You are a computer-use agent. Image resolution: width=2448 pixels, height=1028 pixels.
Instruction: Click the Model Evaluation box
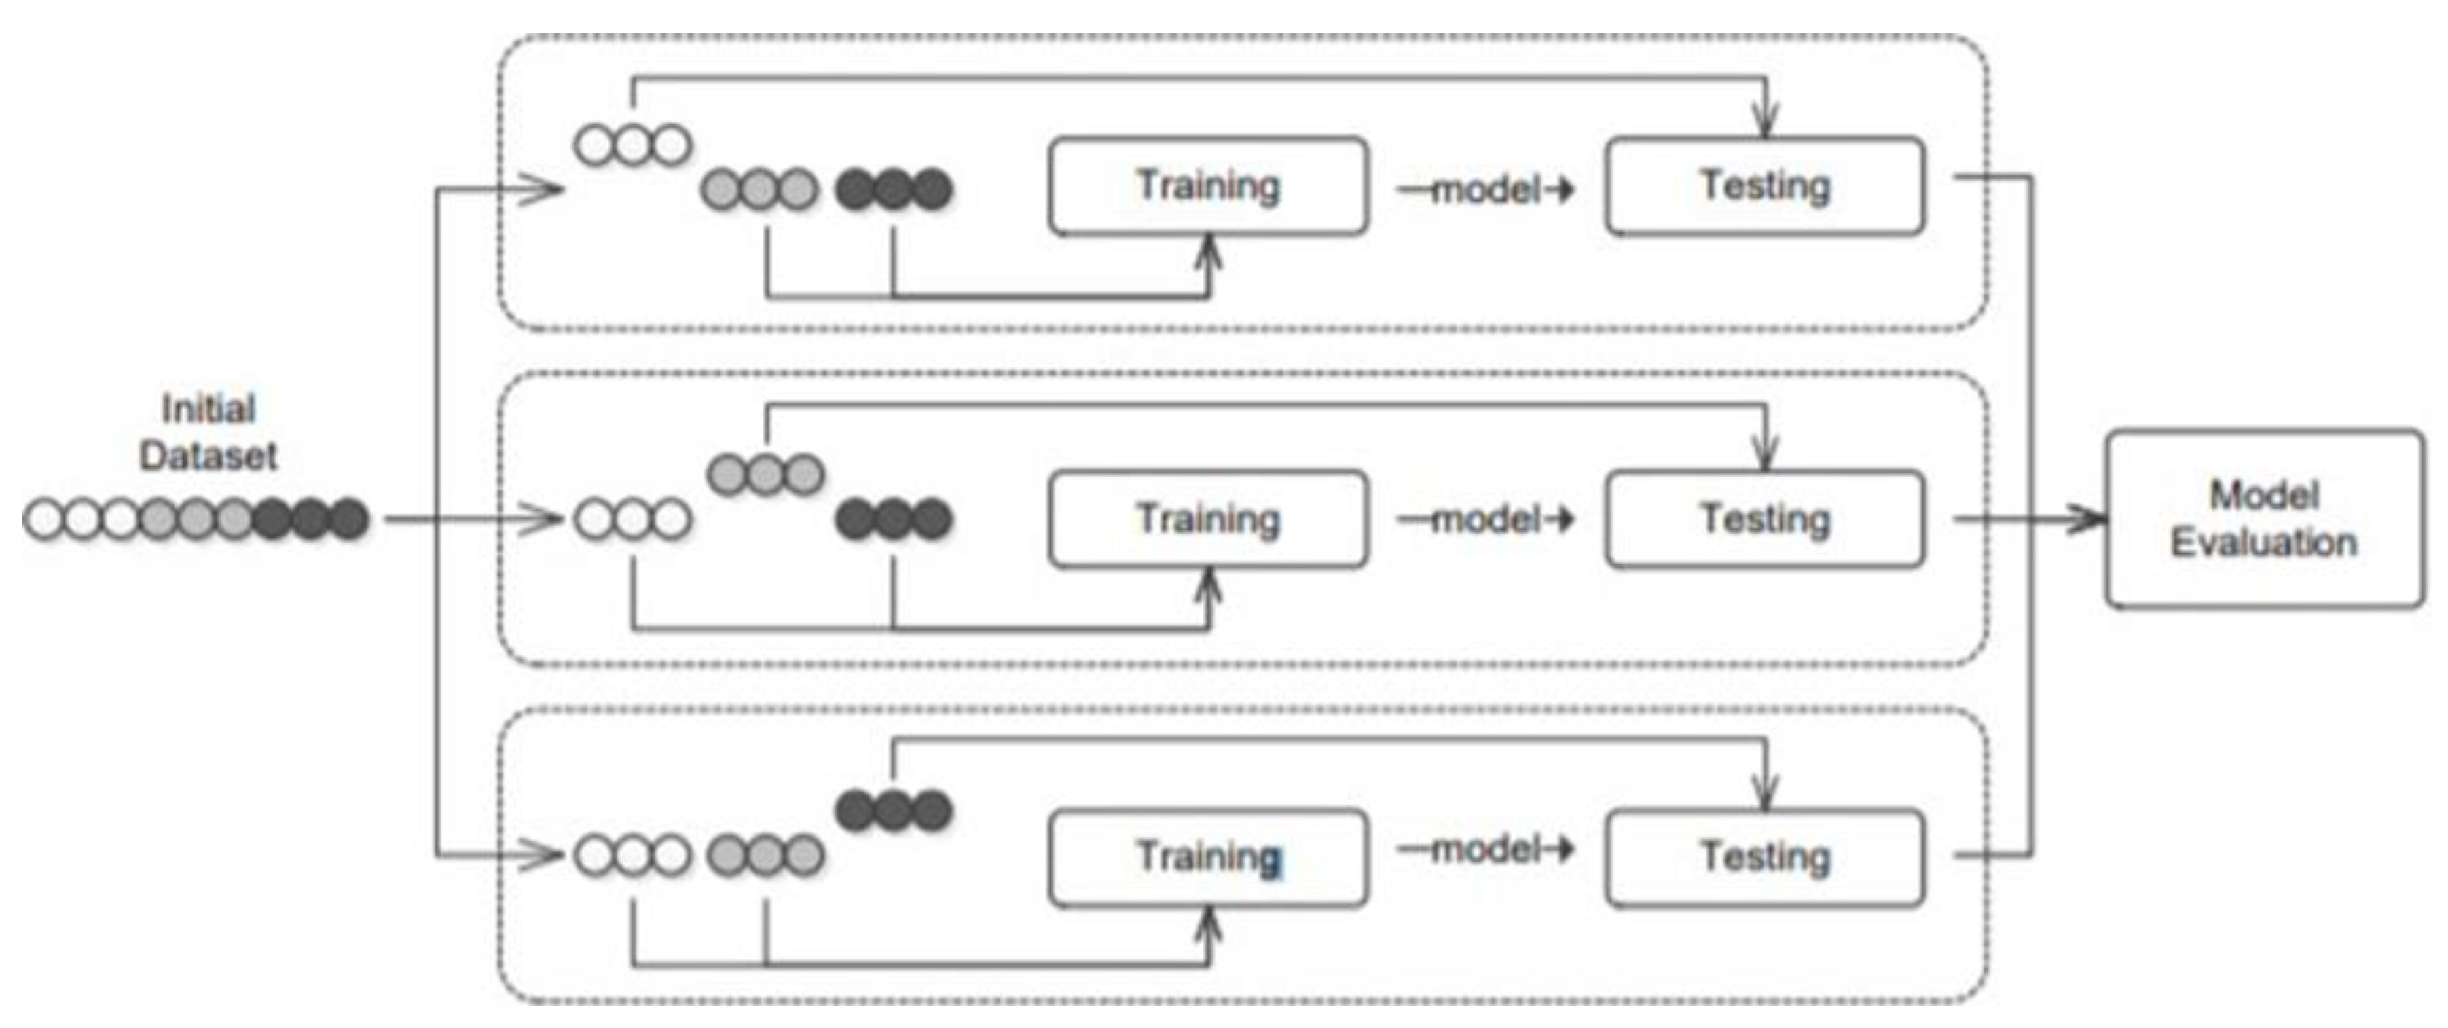[x=2265, y=519]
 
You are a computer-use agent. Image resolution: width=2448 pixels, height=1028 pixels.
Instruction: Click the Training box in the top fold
[x=1208, y=186]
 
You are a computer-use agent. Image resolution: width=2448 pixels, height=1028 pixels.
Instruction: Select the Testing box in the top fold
[x=1765, y=186]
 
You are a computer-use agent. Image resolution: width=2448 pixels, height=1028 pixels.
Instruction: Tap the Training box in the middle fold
[x=1208, y=519]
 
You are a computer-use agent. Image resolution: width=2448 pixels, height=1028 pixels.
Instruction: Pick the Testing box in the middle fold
[x=1765, y=519]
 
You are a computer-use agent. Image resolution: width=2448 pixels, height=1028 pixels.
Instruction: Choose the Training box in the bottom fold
[x=1208, y=857]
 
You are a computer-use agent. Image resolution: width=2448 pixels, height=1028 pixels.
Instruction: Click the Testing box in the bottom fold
[x=1765, y=857]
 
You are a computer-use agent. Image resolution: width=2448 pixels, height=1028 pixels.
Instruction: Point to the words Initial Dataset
[x=208, y=433]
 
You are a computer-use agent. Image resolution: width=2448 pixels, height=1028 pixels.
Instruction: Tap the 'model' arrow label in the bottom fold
[x=1484, y=849]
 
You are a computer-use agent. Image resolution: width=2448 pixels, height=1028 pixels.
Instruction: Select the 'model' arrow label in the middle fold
[x=1484, y=519]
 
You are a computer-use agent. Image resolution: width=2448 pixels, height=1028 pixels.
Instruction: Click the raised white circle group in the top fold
[x=633, y=145]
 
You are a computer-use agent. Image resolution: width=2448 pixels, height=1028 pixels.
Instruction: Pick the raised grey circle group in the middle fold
[x=766, y=473]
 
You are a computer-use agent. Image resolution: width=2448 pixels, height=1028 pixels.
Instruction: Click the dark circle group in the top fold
[x=893, y=189]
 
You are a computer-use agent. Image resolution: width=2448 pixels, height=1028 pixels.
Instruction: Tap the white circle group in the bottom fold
[x=633, y=855]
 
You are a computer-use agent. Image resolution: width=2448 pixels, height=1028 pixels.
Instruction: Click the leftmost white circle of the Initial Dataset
[x=43, y=519]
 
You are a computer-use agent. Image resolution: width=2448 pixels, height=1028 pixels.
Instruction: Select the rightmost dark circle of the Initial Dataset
[x=349, y=519]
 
